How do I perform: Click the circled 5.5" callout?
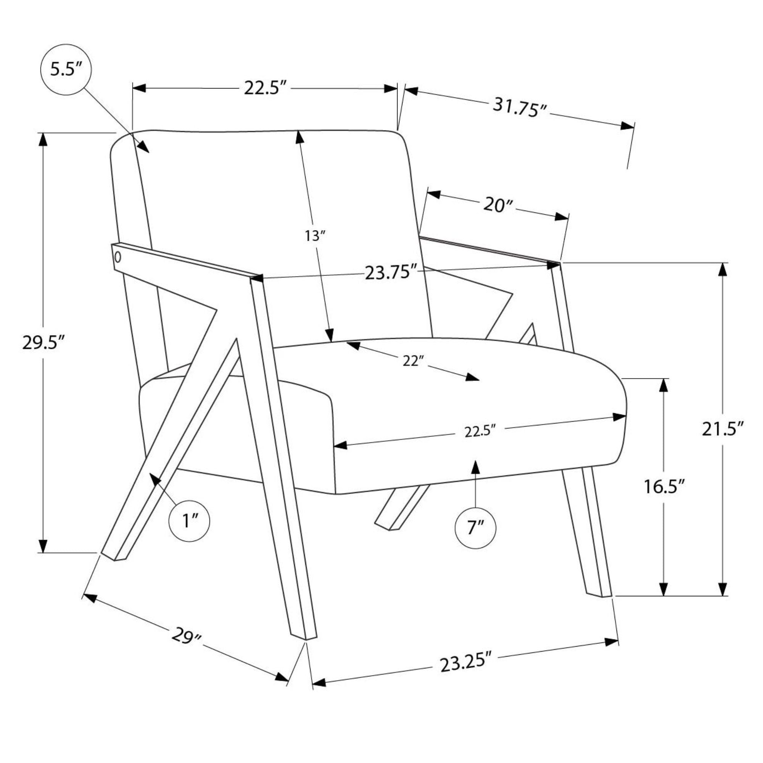66,69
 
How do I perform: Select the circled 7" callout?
475,528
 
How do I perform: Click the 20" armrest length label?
498,205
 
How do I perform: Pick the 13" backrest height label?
315,236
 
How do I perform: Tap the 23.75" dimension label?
391,272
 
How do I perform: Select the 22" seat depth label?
413,360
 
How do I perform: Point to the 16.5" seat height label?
664,486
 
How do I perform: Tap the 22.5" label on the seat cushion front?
480,431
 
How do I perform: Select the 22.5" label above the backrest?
265,87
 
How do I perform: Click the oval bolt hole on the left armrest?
117,257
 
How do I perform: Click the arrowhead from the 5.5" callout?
143,147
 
